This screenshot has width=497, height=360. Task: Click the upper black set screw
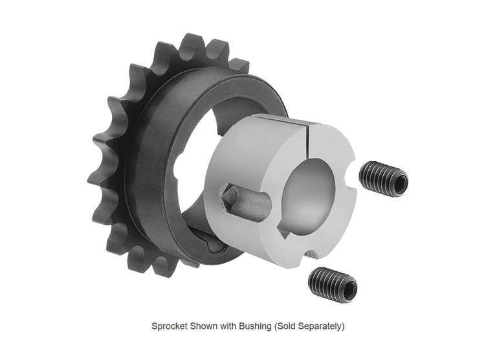click(x=384, y=179)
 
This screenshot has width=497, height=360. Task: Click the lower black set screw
click(x=333, y=285)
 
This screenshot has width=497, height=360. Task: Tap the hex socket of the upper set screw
click(x=401, y=184)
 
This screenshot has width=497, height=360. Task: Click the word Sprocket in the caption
click(x=170, y=326)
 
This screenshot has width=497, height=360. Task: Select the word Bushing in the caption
click(x=255, y=326)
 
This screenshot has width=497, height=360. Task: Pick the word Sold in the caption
click(x=285, y=326)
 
